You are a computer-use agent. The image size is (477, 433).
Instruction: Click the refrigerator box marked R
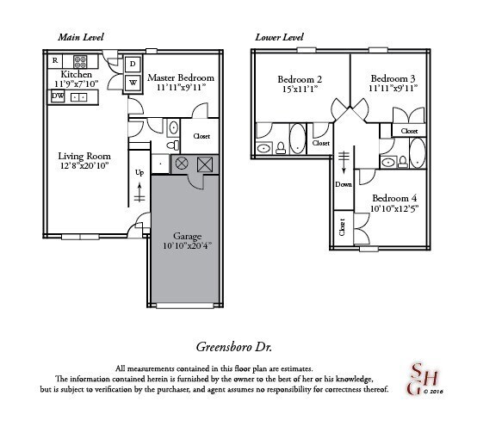55,61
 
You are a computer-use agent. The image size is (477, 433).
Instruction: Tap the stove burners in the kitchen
80,61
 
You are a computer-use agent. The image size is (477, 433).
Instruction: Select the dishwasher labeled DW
58,96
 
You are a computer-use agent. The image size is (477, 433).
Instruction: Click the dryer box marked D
133,64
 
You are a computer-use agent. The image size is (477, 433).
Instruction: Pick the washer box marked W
133,83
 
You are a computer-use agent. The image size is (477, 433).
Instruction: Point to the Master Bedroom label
181,77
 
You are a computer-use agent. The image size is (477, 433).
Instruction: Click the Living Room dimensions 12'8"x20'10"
84,166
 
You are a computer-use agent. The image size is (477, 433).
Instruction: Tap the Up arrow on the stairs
139,192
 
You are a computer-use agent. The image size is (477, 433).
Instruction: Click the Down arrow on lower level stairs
344,162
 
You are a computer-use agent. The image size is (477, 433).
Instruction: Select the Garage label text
188,236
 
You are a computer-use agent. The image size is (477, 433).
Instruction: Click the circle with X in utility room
182,164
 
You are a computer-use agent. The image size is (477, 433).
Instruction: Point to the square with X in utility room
204,164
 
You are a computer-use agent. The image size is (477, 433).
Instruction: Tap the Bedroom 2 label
300,79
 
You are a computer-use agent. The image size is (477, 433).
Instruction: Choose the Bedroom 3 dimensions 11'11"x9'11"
393,89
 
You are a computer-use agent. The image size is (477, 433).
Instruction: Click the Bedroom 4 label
394,198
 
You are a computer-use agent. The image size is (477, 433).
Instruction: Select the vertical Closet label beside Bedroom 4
342,227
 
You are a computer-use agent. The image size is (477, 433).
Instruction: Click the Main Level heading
81,37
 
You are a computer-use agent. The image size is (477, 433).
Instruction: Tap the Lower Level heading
279,37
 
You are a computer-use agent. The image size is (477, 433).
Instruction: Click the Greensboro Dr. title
233,347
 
